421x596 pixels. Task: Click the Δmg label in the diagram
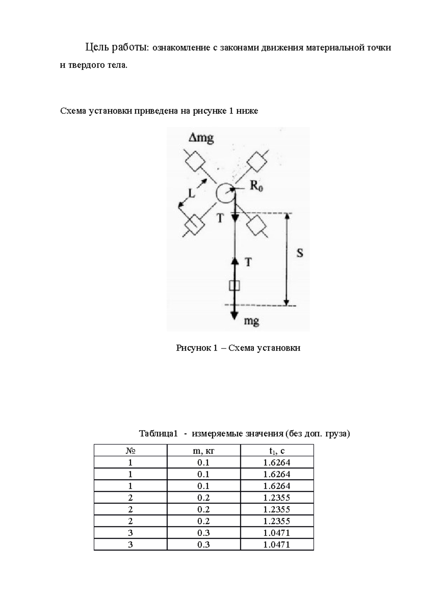201,138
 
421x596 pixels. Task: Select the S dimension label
300,253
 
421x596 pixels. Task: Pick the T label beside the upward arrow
248,262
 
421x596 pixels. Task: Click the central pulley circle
225,193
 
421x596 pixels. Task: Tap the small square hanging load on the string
234,285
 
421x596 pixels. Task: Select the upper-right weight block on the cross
257,162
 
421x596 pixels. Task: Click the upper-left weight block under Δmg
195,161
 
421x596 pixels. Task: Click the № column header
130,451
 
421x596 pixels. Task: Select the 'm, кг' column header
203,451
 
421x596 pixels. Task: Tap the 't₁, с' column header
277,451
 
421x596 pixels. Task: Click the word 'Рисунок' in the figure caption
191,348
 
